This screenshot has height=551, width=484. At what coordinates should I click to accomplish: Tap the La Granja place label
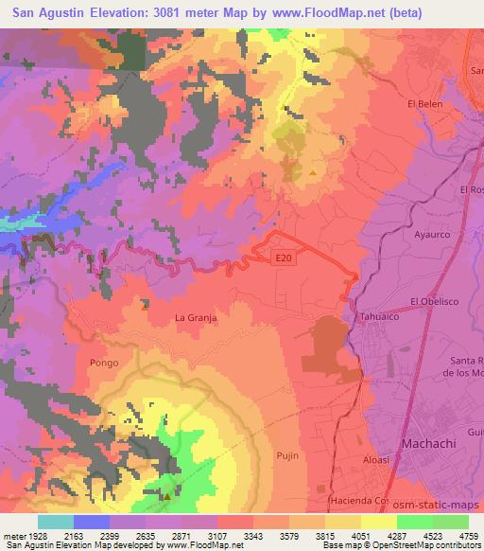197,318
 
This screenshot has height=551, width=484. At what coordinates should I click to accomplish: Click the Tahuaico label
374,318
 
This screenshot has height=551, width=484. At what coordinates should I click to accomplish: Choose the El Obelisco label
433,302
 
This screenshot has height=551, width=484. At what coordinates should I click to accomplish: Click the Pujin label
287,455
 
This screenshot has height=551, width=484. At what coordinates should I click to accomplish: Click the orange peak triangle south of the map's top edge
313,171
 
